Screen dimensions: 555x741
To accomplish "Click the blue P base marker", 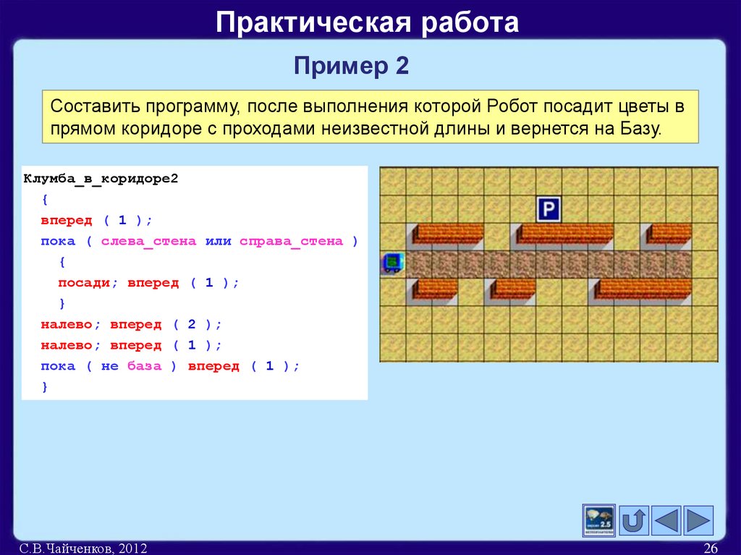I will click(x=549, y=210).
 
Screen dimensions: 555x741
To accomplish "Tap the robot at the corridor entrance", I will click(x=392, y=262).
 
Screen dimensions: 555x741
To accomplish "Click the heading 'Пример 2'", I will click(x=352, y=67).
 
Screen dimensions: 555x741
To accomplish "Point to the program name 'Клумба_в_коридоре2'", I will click(x=101, y=178).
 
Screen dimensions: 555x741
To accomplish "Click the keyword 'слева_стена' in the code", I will click(x=148, y=242).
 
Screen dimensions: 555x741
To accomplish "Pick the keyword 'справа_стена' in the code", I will click(x=291, y=242).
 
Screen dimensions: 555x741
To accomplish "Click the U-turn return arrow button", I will click(x=634, y=520).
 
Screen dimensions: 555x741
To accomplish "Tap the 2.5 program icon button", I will click(x=598, y=520).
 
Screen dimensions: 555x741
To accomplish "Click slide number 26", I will click(x=710, y=548).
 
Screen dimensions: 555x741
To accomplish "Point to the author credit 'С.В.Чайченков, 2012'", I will click(x=83, y=548).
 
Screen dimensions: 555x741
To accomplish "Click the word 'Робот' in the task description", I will click(x=513, y=107).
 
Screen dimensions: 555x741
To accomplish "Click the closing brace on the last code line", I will click(x=45, y=387).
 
